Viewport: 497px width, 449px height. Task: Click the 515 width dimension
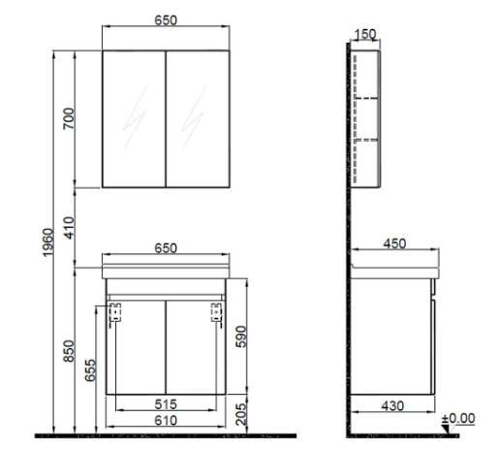pyautogui.click(x=167, y=403)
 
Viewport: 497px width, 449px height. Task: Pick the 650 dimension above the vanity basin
pyautogui.click(x=167, y=248)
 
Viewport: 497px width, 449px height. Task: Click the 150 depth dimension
pyautogui.click(x=366, y=35)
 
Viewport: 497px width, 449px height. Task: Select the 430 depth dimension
pyautogui.click(x=391, y=405)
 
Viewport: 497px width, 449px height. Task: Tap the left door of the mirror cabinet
pyautogui.click(x=135, y=117)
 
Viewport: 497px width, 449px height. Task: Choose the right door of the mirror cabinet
pyautogui.click(x=199, y=117)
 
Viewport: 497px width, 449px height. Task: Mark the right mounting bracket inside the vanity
pyautogui.click(x=218, y=311)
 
